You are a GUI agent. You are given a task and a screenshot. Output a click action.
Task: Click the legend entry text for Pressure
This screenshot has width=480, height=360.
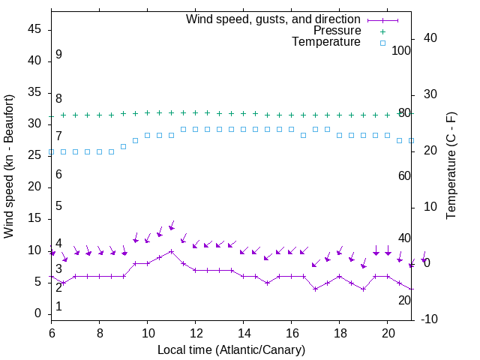point(336,31)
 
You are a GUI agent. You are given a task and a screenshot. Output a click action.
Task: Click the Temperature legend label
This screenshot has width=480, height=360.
point(326,42)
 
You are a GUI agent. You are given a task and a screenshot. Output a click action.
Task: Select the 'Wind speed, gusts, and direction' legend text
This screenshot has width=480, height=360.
point(274,19)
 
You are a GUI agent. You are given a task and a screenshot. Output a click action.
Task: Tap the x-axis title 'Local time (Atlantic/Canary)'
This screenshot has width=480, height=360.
point(231,349)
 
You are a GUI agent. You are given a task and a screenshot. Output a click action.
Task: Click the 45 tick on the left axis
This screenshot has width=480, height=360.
point(34,29)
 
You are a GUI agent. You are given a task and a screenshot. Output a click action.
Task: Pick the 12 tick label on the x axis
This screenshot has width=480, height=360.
point(196,332)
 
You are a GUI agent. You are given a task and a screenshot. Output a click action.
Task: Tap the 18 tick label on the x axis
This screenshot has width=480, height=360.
point(340,332)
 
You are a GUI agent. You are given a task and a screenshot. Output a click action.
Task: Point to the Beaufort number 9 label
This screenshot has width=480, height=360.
point(58,55)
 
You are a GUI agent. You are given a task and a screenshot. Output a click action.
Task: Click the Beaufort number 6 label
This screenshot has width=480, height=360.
point(58,174)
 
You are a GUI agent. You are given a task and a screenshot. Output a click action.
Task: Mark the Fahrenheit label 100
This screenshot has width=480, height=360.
point(402,50)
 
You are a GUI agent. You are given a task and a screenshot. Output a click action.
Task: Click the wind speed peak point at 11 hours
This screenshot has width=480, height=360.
point(172,251)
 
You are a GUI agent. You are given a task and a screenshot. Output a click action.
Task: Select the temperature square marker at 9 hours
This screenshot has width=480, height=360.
point(124,146)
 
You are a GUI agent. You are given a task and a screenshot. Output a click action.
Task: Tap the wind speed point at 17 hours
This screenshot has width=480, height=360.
point(316,289)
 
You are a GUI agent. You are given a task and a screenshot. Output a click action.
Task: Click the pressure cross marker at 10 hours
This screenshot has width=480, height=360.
point(148,113)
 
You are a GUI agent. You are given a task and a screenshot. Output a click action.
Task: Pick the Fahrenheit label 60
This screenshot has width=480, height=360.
point(404,175)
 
